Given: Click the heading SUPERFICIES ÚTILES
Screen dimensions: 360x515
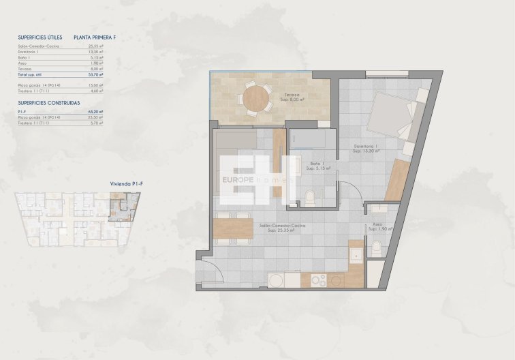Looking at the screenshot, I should coord(40,38).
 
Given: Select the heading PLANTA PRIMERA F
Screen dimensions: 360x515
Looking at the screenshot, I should coord(104,38).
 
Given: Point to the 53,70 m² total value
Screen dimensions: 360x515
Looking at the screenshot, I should coord(96,75).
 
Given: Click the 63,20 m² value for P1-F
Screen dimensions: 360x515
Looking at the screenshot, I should coord(96,112).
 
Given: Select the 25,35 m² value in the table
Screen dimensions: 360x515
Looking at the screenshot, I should coord(96,46).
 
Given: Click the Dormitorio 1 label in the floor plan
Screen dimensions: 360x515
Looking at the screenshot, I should coord(366,147).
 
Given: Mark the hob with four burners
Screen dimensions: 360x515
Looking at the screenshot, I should coord(317,280).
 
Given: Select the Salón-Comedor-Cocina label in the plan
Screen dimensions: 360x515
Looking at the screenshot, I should coord(281,225).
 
